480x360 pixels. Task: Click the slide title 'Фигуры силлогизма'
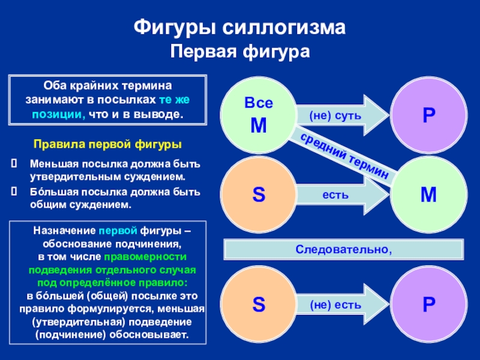click(x=240, y=28)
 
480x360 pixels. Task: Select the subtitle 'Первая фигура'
click(x=240, y=52)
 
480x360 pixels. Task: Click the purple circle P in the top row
click(x=428, y=114)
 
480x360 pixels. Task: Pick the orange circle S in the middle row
click(x=258, y=194)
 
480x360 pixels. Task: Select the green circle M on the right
click(x=428, y=194)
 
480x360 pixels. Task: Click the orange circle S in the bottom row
click(x=258, y=304)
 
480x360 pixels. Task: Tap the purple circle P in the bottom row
click(x=428, y=304)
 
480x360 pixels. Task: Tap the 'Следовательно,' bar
click(x=343, y=248)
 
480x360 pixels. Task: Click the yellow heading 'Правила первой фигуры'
click(x=107, y=145)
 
